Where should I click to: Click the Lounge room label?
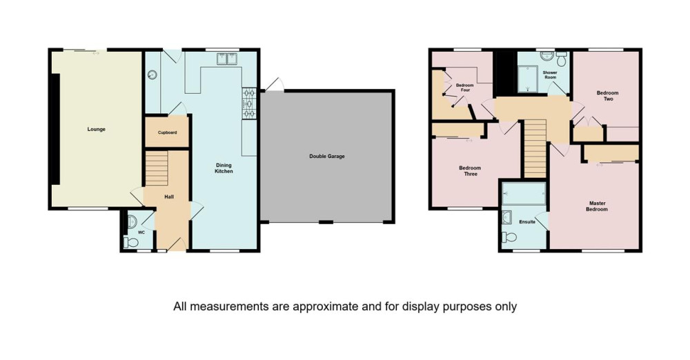click(97, 130)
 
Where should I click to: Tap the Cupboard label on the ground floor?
click(167, 132)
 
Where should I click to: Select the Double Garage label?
click(327, 157)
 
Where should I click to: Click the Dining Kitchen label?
click(224, 168)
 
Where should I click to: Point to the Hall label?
click(169, 197)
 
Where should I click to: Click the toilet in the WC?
click(131, 241)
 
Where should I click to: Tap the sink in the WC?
click(132, 222)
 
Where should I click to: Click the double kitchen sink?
click(227, 59)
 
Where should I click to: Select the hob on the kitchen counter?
click(249, 103)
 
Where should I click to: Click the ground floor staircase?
click(157, 168)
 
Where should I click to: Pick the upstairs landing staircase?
click(535, 148)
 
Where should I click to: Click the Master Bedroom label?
click(597, 206)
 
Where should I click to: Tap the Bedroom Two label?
click(608, 95)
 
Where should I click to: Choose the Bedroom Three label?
click(470, 171)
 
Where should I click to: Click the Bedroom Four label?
click(464, 88)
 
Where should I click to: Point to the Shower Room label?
click(550, 74)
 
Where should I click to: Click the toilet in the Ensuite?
click(509, 237)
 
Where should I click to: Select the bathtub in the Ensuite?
click(524, 193)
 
